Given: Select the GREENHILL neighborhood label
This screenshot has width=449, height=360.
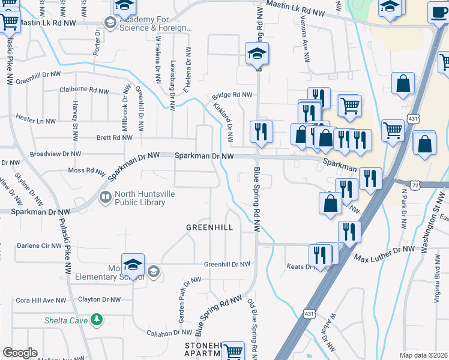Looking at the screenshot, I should tap(209, 227).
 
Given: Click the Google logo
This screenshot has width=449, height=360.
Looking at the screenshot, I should tap(20, 353).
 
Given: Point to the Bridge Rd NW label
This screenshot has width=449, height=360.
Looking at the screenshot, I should tap(232, 95).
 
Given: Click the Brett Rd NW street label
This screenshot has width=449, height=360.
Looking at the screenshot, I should tap(114, 137).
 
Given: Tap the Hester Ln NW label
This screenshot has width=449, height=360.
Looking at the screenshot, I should tap(35, 120).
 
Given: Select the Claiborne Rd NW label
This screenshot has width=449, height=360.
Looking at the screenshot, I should tap(84, 89).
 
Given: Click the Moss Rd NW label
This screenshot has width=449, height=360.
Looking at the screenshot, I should tap(87, 170).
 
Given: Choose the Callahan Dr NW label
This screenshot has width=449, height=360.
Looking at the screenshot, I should tap(169, 332).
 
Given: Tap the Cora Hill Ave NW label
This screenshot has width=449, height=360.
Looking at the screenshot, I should tap(41, 300).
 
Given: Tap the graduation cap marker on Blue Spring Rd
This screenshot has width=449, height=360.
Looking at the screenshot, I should tap(257, 55).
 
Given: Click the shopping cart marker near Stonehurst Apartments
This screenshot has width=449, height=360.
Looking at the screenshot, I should tap(233, 351).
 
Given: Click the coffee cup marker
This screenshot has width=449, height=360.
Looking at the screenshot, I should tap(438, 12).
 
